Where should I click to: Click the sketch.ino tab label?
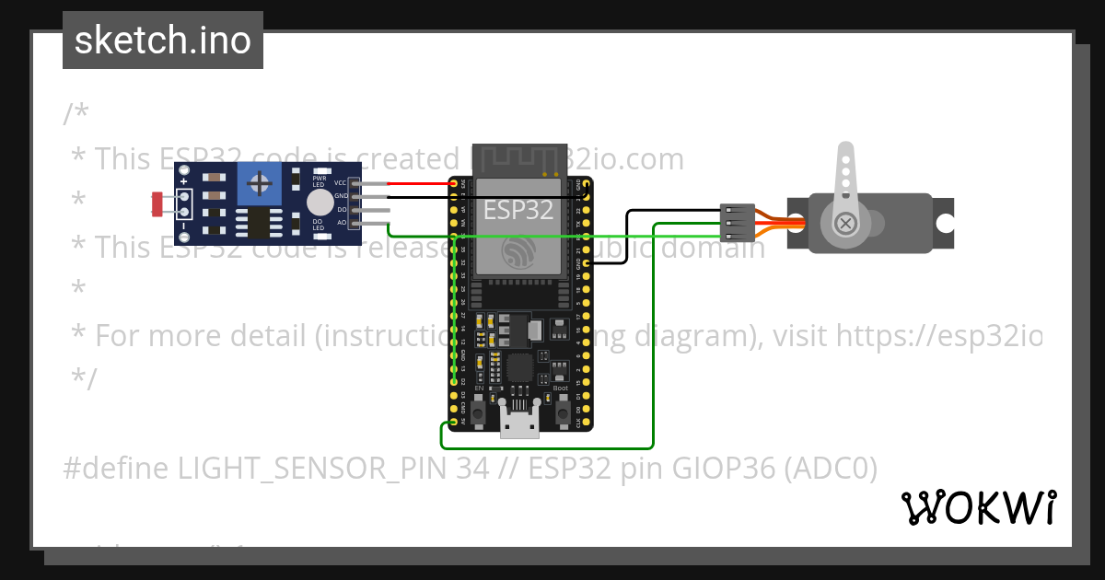pyautogui.click(x=162, y=41)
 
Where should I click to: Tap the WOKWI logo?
pyautogui.click(x=978, y=507)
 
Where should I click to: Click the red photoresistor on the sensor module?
pyautogui.click(x=157, y=203)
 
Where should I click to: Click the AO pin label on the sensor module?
pyautogui.click(x=341, y=222)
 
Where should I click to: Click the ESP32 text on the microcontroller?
pyautogui.click(x=518, y=210)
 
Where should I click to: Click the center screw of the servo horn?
pyautogui.click(x=845, y=223)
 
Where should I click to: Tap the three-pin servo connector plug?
pyautogui.click(x=737, y=222)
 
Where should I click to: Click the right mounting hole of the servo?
pyautogui.click(x=944, y=223)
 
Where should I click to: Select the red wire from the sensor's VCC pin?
pyautogui.click(x=419, y=183)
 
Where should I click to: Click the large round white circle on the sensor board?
pyautogui.click(x=320, y=203)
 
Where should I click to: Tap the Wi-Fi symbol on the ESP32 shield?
pyautogui.click(x=519, y=251)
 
